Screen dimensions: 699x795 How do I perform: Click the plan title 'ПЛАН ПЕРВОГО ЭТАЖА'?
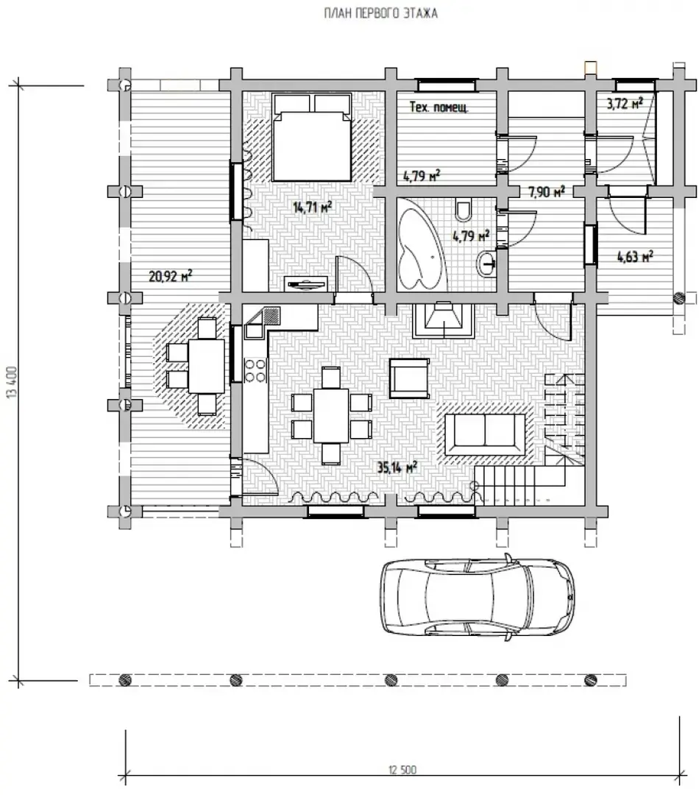380,13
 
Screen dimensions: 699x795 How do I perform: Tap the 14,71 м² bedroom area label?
313,207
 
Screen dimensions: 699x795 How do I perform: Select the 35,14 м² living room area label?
397,467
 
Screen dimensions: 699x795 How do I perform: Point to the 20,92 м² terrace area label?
170,276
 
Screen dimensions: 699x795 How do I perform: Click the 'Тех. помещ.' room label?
439,107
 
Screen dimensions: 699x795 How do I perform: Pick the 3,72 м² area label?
625,104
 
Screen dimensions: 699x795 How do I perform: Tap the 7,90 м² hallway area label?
547,191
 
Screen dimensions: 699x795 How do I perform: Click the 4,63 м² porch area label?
635,257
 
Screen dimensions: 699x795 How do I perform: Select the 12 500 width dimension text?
402,770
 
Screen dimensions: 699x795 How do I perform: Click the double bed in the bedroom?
312,137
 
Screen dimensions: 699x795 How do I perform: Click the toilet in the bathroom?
463,209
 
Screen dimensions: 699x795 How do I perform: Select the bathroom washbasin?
486,264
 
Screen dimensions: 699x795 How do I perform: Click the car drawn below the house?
478,597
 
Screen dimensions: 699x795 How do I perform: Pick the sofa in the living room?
486,434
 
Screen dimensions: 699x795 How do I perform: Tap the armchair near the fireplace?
409,378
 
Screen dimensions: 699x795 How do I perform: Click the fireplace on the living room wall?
444,320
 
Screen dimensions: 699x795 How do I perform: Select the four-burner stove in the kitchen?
255,370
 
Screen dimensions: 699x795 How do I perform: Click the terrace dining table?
206,366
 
